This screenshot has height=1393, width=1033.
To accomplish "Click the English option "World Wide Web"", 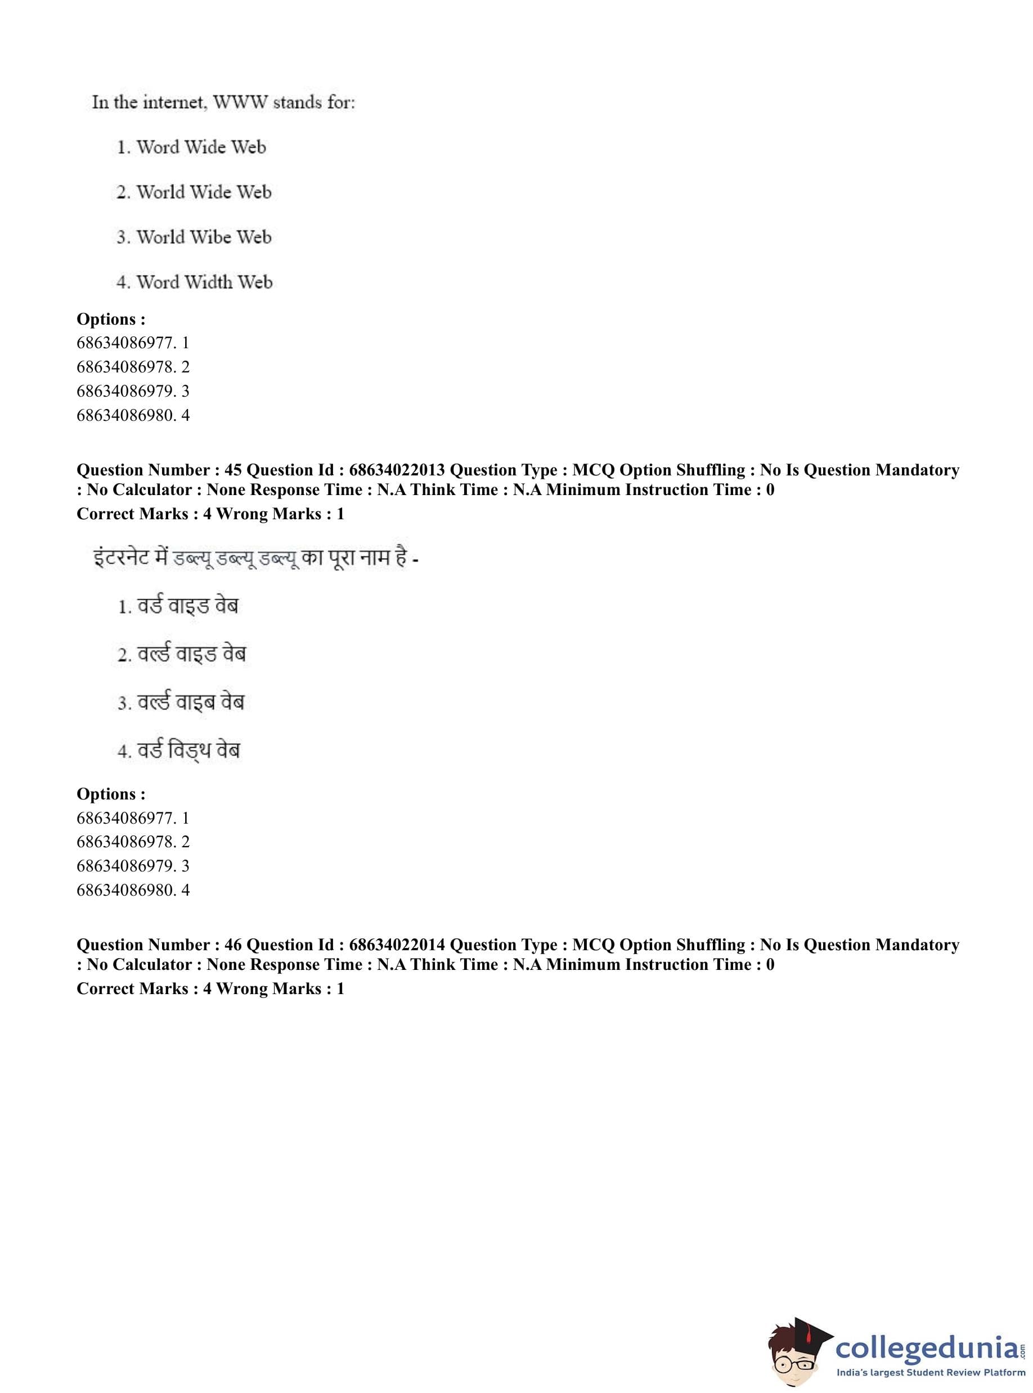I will [x=203, y=192].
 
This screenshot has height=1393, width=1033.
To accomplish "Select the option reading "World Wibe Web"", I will [x=203, y=237].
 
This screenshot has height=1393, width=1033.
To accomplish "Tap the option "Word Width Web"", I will [x=204, y=282].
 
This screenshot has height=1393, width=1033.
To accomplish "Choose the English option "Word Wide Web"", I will [x=201, y=147].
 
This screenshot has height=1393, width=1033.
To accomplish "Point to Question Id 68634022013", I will [x=397, y=470].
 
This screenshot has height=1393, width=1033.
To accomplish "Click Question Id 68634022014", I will [x=397, y=944].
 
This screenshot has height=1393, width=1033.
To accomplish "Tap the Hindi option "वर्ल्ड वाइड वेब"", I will [x=191, y=654].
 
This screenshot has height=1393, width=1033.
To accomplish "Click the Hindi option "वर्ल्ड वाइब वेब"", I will [x=191, y=702].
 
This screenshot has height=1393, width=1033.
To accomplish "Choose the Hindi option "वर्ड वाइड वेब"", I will [x=187, y=606].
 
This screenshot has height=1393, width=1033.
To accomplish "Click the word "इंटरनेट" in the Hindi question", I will [x=120, y=556].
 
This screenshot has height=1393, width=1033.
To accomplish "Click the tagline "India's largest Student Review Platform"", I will [x=931, y=1372].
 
